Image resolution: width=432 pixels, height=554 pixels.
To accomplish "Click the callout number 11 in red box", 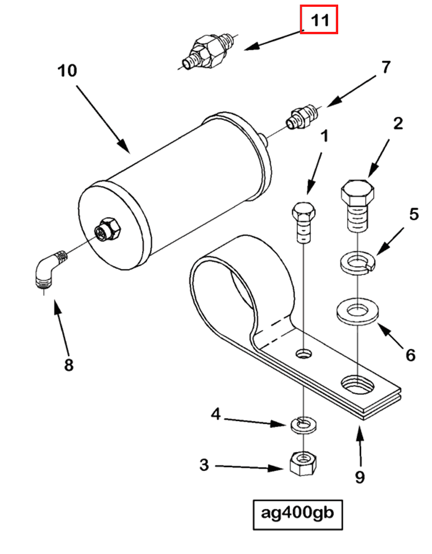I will point(319,20).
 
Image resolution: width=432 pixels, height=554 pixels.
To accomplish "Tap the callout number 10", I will point(67,72).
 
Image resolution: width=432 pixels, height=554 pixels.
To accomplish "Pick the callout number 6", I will point(410,355).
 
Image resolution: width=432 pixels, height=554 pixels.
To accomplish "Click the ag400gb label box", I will point(298,513).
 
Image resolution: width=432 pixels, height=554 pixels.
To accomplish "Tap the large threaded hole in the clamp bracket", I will point(357,386).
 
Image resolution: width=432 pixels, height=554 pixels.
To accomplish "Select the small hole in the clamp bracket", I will point(305,354).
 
